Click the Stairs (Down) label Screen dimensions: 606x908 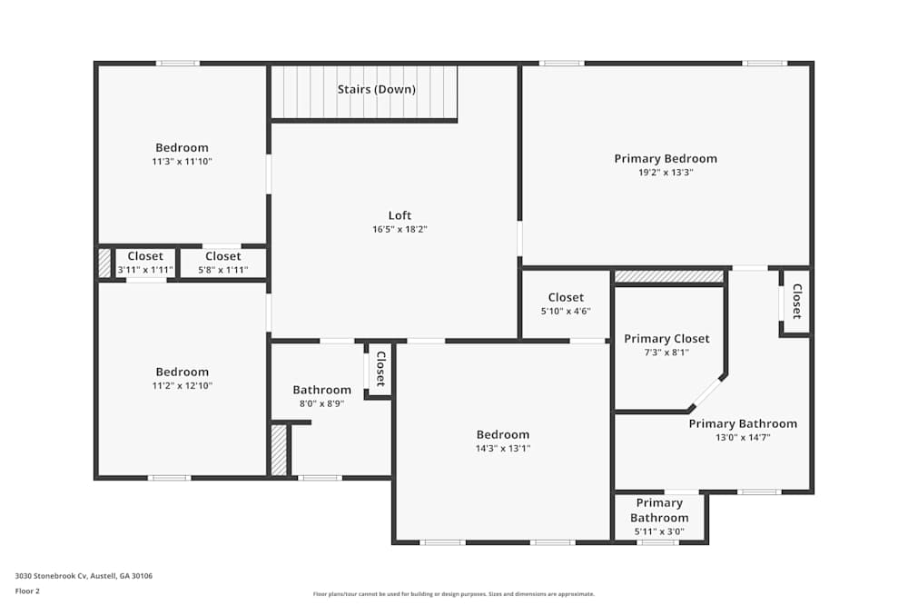(376, 89)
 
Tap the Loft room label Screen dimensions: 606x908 (400, 215)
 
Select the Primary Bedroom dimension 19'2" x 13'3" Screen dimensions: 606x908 (666, 173)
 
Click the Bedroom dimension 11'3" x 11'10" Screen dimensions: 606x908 (182, 162)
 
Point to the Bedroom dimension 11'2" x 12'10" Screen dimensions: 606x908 (182, 386)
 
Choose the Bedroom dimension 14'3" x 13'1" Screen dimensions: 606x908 (503, 448)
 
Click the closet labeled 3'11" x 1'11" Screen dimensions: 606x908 (145, 270)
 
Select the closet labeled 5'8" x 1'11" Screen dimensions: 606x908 (222, 270)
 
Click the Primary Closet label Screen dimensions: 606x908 (666, 339)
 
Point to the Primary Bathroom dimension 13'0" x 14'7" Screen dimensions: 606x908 (743, 437)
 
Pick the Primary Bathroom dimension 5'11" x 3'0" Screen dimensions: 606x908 (659, 531)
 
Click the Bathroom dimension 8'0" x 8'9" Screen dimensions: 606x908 (321, 403)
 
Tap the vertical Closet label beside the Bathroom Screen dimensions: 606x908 (380, 369)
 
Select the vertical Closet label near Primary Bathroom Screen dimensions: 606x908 (796, 302)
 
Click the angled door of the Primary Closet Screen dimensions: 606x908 (706, 393)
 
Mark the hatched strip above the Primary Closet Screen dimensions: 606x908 (669, 276)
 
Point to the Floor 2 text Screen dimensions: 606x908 (27, 591)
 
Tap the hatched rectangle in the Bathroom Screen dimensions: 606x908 (279, 451)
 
